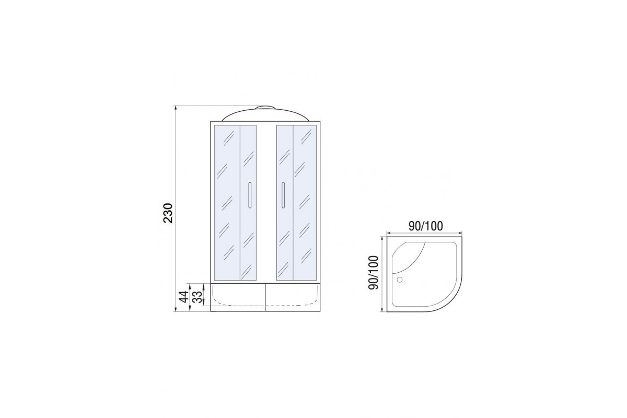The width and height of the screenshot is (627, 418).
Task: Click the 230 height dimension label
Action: [x=168, y=213]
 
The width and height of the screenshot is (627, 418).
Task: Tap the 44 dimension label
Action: [x=183, y=297]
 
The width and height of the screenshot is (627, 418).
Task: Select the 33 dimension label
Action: [x=198, y=297]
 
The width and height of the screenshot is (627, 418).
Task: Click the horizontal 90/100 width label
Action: [x=425, y=226]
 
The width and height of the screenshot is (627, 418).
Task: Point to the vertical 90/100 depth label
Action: [x=374, y=272]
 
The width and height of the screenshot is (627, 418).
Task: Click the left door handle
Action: [x=250, y=195]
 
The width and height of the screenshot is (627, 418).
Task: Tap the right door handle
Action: [x=283, y=195]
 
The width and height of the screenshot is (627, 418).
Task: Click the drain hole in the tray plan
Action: [x=399, y=279]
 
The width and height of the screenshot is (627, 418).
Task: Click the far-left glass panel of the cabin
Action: [x=227, y=202]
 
